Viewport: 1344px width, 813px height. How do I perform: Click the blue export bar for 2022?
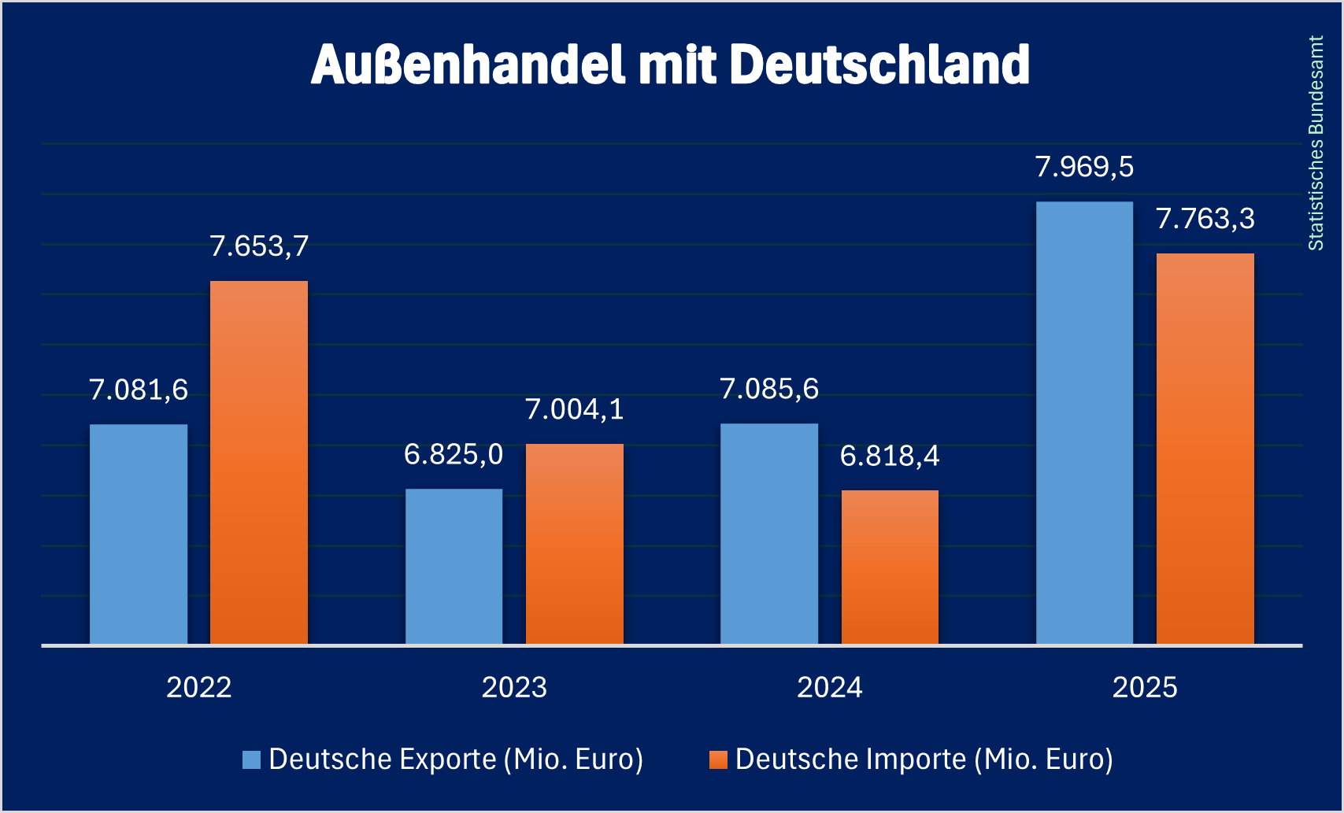[x=139, y=534]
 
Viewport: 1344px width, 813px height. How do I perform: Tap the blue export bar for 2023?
[x=454, y=567]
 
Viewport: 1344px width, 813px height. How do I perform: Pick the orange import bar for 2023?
[x=575, y=544]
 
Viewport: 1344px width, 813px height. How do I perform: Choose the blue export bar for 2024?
[x=769, y=534]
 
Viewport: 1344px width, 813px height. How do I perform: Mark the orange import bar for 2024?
[x=890, y=567]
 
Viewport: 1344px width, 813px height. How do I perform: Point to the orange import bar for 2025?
[x=1205, y=449]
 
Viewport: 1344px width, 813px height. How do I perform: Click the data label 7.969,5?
[x=1084, y=167]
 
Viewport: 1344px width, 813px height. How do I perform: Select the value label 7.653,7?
[x=259, y=246]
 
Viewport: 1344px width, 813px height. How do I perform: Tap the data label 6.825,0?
[x=454, y=455]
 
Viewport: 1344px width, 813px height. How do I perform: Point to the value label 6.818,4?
[x=890, y=456]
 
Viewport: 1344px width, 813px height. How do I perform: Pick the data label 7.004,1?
[x=575, y=409]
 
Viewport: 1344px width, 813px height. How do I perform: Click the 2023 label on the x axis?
[x=514, y=688]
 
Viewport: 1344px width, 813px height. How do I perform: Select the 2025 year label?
[x=1145, y=688]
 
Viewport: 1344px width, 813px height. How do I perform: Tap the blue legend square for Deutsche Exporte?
[x=251, y=759]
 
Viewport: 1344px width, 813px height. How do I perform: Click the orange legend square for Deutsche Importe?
[x=718, y=759]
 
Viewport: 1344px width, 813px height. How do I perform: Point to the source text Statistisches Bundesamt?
[x=1316, y=143]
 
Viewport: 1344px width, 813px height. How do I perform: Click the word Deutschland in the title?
[x=879, y=65]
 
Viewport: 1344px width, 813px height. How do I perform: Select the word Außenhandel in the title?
[x=468, y=65]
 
